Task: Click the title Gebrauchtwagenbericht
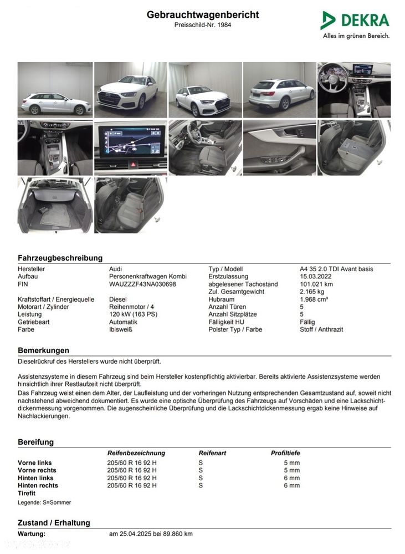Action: click(202, 15)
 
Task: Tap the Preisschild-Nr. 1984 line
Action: click(202, 25)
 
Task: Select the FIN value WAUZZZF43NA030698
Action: click(142, 284)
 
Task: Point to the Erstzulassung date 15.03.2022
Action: click(316, 276)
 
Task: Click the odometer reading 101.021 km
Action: click(316, 284)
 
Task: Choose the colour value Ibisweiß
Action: click(121, 329)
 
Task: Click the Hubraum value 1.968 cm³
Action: click(314, 299)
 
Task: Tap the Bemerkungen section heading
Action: click(43, 350)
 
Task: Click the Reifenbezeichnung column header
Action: click(136, 453)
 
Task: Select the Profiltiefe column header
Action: click(285, 453)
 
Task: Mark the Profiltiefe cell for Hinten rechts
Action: click(291, 485)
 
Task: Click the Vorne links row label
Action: click(34, 462)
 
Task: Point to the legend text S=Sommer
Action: click(44, 502)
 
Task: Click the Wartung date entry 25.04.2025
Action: click(151, 533)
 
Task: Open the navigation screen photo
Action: click(130, 148)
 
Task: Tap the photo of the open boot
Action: click(55, 205)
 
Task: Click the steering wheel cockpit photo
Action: click(353, 90)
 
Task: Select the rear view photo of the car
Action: click(279, 90)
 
